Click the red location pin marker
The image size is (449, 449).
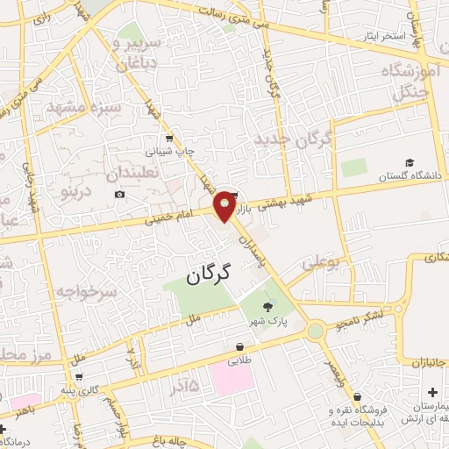click(x=225, y=205)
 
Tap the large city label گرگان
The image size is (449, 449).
click(x=208, y=275)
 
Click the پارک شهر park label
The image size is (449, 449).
click(x=267, y=321)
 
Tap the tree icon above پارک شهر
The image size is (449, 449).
click(x=267, y=307)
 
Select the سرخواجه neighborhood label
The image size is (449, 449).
click(x=85, y=291)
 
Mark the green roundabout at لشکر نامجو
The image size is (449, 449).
click(x=315, y=331)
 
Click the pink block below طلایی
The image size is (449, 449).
click(x=231, y=380)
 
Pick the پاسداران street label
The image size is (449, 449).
click(x=252, y=242)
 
